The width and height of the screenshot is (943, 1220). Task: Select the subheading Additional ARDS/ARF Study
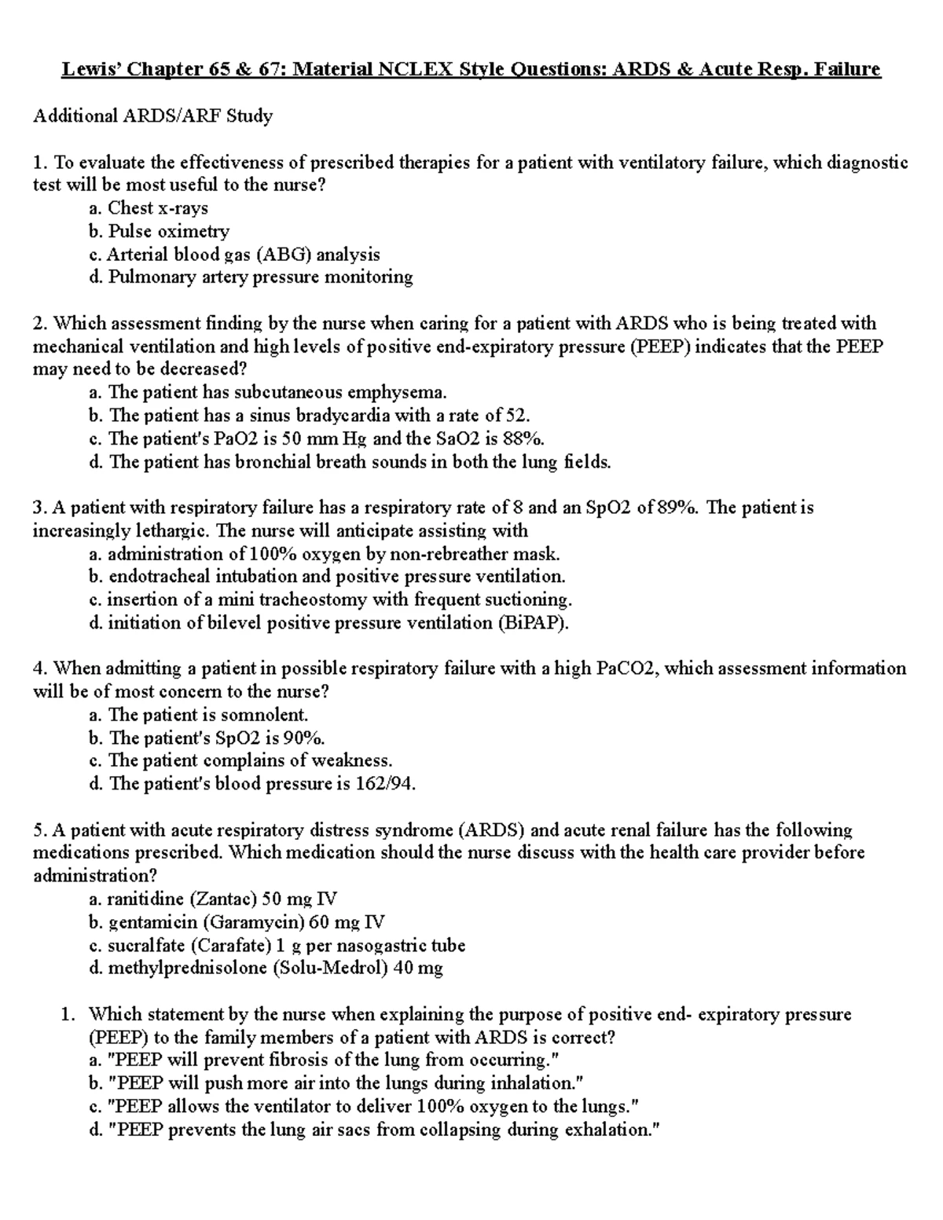pos(152,116)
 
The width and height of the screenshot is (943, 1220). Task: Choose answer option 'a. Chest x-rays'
pos(149,208)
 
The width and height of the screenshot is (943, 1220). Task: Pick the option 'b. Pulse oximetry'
pos(159,231)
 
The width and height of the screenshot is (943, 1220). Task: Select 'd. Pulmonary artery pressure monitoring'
pos(251,277)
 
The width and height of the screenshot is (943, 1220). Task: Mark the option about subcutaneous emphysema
pos(268,393)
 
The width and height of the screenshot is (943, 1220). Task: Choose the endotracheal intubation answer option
pos(327,577)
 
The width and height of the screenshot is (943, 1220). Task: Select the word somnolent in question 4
pos(265,715)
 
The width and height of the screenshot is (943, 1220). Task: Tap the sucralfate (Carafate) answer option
pos(277,945)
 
